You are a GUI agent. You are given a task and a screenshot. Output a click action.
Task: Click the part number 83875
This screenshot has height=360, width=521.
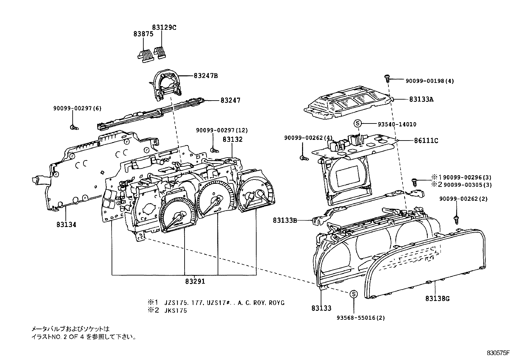[143, 34]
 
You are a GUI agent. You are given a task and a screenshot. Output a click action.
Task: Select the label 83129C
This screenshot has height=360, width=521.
[164, 28]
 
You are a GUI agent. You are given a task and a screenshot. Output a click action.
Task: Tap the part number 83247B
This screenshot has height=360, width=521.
[206, 76]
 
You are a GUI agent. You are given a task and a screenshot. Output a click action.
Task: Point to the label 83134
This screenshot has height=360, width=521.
[66, 224]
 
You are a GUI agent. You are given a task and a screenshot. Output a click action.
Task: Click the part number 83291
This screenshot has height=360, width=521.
[195, 281]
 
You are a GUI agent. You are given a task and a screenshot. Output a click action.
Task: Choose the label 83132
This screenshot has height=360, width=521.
[233, 139]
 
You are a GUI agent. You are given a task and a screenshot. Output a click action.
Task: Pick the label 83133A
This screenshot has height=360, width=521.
[421, 99]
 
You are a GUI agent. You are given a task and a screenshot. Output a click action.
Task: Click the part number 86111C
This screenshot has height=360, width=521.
[426, 141]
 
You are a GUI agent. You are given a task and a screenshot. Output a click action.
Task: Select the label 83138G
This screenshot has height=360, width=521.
[438, 298]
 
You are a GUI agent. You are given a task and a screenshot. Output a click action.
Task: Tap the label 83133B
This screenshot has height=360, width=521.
[285, 220]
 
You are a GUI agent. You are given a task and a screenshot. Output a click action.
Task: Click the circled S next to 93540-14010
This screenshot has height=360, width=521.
[357, 124]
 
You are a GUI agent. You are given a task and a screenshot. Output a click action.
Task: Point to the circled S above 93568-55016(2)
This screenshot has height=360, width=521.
[353, 294]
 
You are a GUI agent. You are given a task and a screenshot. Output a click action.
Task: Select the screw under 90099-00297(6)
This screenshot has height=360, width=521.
[74, 127]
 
